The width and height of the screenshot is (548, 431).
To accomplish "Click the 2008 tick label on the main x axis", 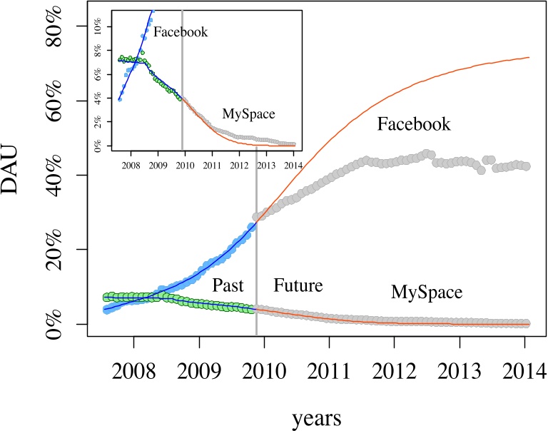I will tap(134, 372).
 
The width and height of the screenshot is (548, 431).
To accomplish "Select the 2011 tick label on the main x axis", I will tap(329, 372).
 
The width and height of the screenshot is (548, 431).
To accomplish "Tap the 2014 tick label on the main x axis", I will tap(524, 372).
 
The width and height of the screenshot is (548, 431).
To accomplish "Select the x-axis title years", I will tap(316, 417).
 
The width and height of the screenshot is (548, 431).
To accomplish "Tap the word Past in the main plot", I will tap(228, 286).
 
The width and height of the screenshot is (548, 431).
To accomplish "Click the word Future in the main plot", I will tap(298, 286).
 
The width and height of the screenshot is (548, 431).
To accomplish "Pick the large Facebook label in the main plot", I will tap(414, 125).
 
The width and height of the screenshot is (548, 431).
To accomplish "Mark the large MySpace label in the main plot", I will tap(427, 293).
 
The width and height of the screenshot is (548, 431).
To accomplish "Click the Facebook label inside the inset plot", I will tap(181, 32).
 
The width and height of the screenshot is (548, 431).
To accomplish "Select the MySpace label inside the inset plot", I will tap(248, 113).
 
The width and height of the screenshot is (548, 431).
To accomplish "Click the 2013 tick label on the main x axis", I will tap(459, 372).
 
